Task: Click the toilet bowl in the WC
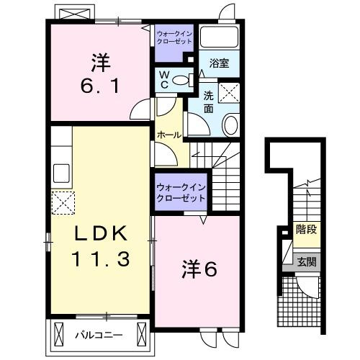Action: tap(181, 80)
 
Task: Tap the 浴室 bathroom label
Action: tap(219, 63)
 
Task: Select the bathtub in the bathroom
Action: tap(219, 37)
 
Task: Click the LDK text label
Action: tap(101, 233)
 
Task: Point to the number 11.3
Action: tap(101, 258)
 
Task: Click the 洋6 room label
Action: tap(199, 269)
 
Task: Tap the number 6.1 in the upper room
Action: tap(100, 86)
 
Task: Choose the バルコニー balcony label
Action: tap(99, 335)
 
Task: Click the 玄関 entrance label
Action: tap(307, 261)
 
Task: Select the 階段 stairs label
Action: tap(306, 229)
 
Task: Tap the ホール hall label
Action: tap(169, 135)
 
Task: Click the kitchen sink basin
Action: tap(61, 174)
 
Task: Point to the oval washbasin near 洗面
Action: tap(231, 125)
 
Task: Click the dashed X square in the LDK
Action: tap(63, 203)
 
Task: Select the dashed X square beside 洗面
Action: tap(229, 93)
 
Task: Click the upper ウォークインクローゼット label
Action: tap(174, 37)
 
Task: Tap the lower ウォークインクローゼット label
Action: tap(181, 193)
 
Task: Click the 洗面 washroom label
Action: tap(208, 102)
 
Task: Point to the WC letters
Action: tap(164, 80)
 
